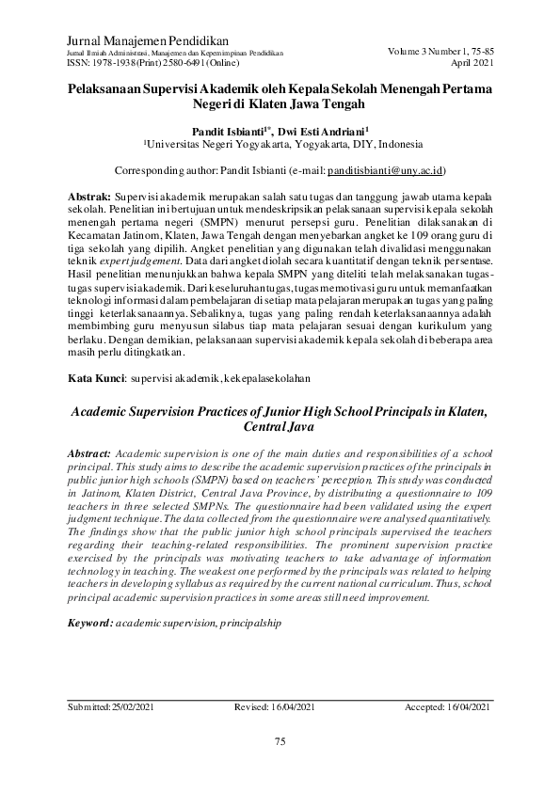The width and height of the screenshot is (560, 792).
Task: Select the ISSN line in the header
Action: [150, 64]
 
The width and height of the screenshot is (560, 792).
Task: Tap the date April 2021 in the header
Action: [472, 64]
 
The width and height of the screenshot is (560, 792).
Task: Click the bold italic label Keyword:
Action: [90, 624]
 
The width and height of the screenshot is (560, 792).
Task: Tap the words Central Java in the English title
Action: [280, 426]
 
